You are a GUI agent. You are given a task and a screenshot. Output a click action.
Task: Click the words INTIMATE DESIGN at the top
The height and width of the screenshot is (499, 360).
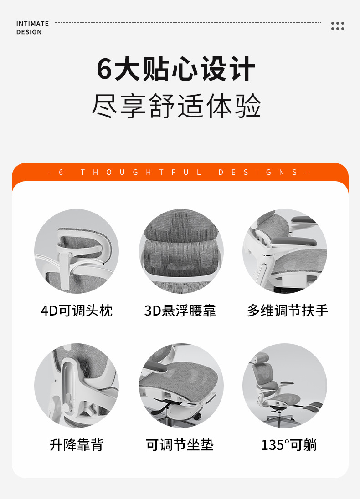coord(32,28)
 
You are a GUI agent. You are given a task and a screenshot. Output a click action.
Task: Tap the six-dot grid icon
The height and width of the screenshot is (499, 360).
coord(338,25)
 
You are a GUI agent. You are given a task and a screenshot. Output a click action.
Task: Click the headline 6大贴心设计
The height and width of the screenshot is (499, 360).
coord(176,70)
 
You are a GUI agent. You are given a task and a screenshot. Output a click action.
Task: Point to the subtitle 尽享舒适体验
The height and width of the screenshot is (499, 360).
coord(176,106)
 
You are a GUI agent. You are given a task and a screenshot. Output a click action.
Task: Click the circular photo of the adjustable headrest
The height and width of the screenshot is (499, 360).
coord(77,251)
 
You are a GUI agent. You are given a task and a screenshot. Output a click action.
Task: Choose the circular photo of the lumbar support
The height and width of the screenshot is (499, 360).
coord(181,251)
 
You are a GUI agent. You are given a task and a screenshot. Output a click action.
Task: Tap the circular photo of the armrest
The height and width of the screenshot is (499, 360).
coord(285,251)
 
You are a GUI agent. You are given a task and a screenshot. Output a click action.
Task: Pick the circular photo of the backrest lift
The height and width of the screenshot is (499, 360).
coord(77,385)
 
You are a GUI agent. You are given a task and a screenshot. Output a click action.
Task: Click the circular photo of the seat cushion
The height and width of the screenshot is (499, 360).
coord(181,385)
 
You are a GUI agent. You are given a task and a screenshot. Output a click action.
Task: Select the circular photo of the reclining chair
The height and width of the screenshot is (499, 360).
coord(285,385)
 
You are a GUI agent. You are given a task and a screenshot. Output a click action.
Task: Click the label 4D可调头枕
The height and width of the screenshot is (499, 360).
coord(77,311)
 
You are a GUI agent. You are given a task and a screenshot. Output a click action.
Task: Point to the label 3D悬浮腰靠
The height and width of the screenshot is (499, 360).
coord(180,311)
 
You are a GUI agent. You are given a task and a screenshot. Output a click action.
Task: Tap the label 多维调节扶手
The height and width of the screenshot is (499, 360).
coord(288,311)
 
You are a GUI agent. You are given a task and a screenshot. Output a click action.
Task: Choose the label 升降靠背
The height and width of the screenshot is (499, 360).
coord(77,445)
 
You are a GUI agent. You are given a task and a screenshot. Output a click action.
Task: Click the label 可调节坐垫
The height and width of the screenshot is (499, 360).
coord(180,445)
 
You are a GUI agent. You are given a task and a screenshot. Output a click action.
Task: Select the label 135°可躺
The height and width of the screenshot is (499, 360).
coord(288,445)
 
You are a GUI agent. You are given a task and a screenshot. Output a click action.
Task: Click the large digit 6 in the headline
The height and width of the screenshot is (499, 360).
coord(104,70)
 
